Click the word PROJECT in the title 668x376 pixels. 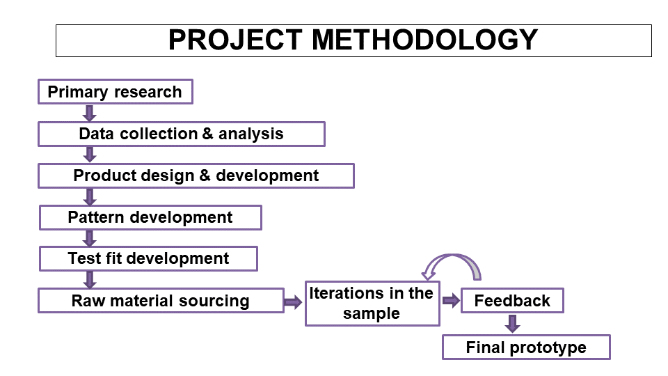(x=235, y=40)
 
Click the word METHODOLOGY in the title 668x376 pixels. (x=424, y=40)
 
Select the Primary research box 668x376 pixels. (x=116, y=92)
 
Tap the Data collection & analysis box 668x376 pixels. (x=182, y=134)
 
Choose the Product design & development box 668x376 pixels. (x=196, y=175)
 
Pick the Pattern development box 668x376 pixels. (x=150, y=217)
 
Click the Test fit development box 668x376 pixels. (x=148, y=258)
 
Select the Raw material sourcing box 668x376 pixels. (x=161, y=301)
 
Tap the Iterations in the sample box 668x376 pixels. (x=372, y=304)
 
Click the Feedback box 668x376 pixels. (x=512, y=301)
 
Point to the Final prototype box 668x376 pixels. (x=526, y=347)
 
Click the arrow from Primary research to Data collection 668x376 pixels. (x=90, y=113)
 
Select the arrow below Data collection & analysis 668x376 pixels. (x=90, y=155)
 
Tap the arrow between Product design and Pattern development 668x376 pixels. (x=90, y=197)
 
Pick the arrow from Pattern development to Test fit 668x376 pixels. (x=90, y=238)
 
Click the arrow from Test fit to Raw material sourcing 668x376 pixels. (x=90, y=280)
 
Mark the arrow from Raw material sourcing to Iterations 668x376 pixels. (x=293, y=303)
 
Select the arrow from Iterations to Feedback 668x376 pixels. (x=451, y=301)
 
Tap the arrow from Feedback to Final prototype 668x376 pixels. (x=513, y=324)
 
